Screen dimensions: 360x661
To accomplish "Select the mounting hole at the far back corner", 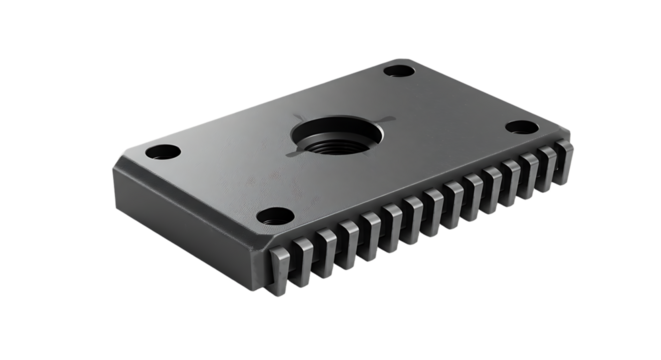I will tap(399, 71).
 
